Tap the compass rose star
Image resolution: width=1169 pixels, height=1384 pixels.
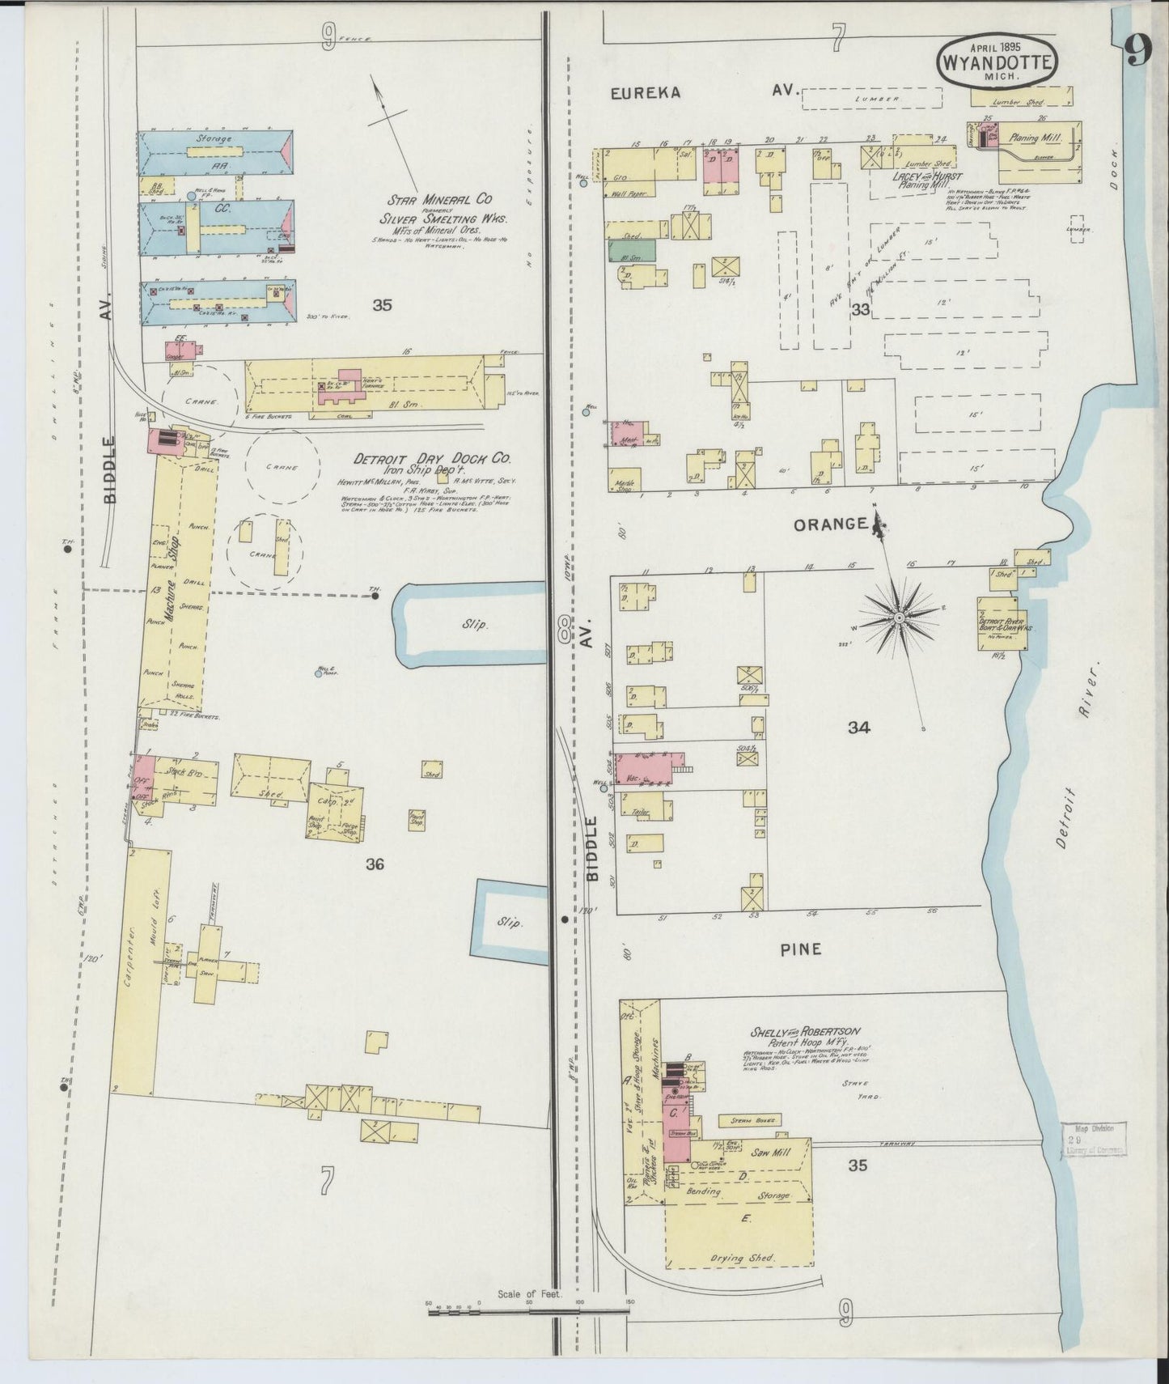tap(899, 618)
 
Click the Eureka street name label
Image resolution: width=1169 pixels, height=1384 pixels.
tap(645, 92)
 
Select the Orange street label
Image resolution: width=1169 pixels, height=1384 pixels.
tap(830, 524)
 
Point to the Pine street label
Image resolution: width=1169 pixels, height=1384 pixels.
tap(801, 949)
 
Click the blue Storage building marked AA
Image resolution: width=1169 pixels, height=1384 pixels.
tap(215, 151)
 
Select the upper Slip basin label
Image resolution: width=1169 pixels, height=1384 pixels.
tap(474, 624)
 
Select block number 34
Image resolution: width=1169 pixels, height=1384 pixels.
tap(858, 728)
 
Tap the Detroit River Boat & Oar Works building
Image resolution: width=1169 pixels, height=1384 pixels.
tap(1002, 623)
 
